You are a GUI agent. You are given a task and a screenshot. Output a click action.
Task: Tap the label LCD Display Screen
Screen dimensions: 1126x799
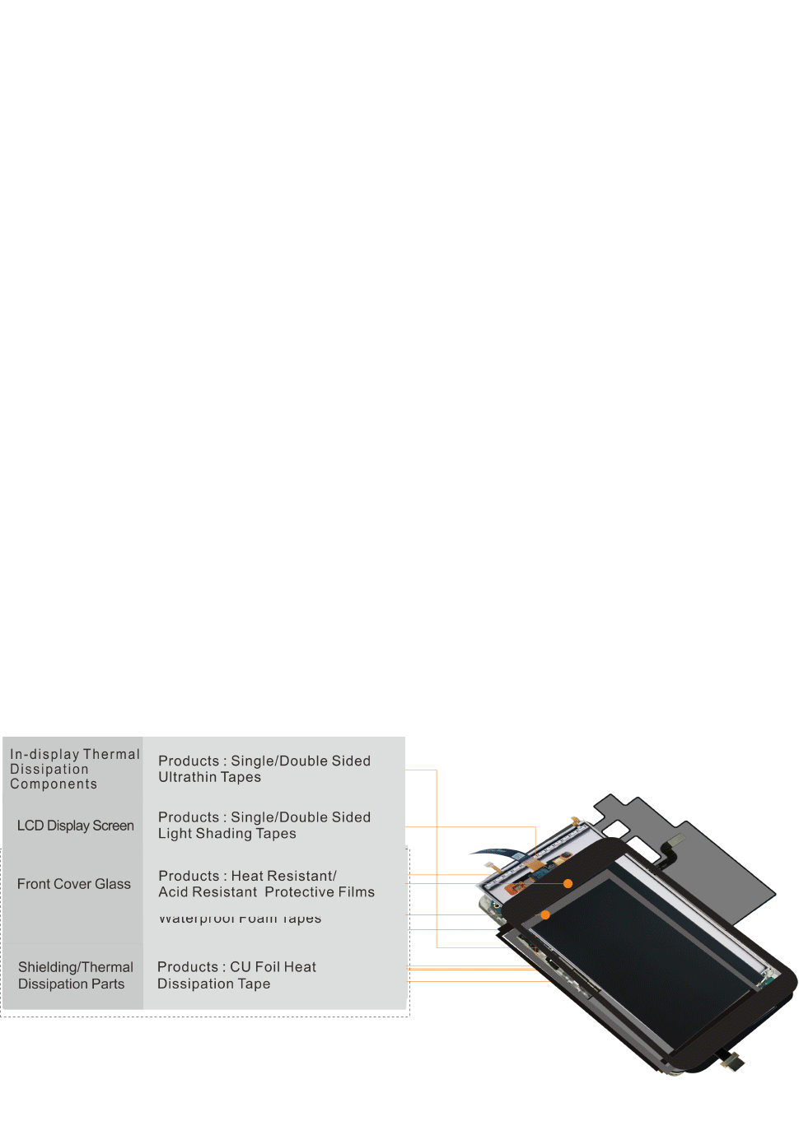click(x=75, y=826)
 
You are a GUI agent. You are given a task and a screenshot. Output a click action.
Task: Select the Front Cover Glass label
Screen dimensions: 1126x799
click(x=73, y=884)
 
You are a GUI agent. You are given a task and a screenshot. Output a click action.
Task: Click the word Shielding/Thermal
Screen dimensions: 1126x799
click(x=76, y=967)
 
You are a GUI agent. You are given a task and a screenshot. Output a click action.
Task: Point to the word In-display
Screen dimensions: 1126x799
click(x=44, y=754)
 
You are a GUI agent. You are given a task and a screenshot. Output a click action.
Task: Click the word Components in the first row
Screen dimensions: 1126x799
click(x=54, y=784)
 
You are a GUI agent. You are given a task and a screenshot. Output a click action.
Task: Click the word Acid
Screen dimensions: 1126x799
click(x=173, y=892)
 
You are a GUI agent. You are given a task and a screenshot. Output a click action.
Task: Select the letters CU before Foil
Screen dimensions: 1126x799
click(x=241, y=967)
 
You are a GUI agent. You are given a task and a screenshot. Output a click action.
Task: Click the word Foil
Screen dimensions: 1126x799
click(x=267, y=967)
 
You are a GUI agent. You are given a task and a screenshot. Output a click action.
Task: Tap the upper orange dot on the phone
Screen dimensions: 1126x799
click(x=568, y=883)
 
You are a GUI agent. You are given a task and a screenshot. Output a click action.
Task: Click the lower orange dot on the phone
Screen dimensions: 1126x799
click(x=545, y=914)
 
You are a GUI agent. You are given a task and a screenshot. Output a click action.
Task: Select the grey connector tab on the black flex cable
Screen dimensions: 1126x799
click(x=675, y=840)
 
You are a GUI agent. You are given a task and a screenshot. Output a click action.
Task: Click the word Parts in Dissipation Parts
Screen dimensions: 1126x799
click(x=107, y=984)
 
